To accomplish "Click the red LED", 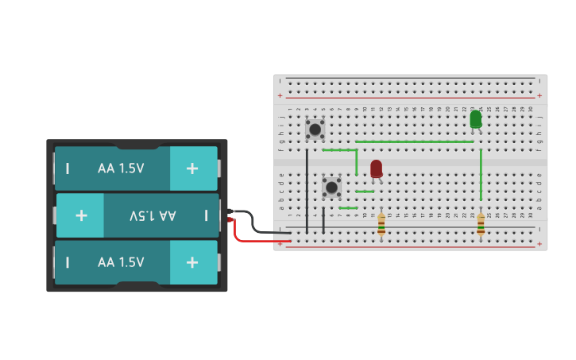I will (376, 168).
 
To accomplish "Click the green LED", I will (475, 118).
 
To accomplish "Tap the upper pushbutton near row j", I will (315, 129).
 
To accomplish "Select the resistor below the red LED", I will (381, 224).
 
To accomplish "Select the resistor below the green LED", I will (481, 224).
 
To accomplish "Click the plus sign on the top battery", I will (192, 168).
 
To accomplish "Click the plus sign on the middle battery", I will (81, 215).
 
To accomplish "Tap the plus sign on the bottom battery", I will (192, 262).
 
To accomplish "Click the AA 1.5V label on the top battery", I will (121, 168).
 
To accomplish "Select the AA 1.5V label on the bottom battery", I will (121, 262).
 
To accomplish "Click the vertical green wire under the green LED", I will (481, 175).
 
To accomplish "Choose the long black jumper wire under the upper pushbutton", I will (307, 191).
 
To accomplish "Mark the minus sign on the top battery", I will (68, 168).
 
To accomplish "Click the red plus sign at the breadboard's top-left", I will (280, 95).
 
